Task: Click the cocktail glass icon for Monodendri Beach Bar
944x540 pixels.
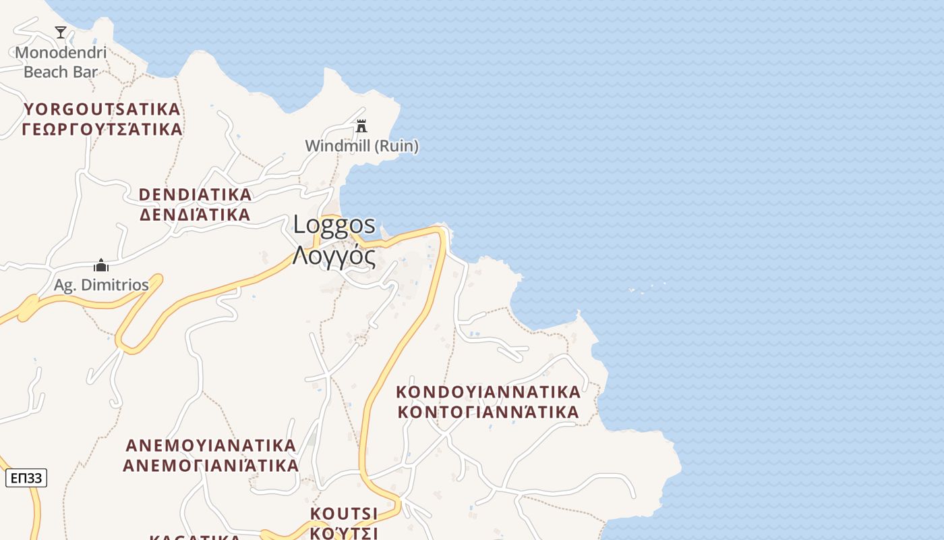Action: pos(61,32)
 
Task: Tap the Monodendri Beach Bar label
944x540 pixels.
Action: pos(61,62)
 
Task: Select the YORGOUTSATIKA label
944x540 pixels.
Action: pos(102,109)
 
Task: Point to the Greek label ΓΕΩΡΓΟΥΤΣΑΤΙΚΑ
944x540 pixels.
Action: pos(102,129)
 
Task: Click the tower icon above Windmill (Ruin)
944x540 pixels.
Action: pos(361,126)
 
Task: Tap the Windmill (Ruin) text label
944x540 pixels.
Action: pos(361,146)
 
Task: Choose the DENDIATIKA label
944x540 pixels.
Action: pos(195,195)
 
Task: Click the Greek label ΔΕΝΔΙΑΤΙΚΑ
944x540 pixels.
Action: pos(195,215)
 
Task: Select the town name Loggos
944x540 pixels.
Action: pos(334,225)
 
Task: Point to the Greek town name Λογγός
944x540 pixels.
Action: pos(334,256)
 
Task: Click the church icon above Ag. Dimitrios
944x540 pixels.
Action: pos(101,265)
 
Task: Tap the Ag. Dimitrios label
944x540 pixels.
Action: pos(101,285)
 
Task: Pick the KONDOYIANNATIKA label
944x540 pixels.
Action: pos(488,392)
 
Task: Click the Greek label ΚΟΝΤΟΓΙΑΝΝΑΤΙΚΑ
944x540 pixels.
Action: pos(488,412)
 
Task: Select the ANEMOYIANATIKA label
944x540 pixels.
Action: pos(211,446)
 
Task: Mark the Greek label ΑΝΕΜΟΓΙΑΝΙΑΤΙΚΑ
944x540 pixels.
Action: pos(211,466)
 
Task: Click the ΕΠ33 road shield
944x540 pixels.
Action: pos(26,479)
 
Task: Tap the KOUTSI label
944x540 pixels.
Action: pos(344,514)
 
